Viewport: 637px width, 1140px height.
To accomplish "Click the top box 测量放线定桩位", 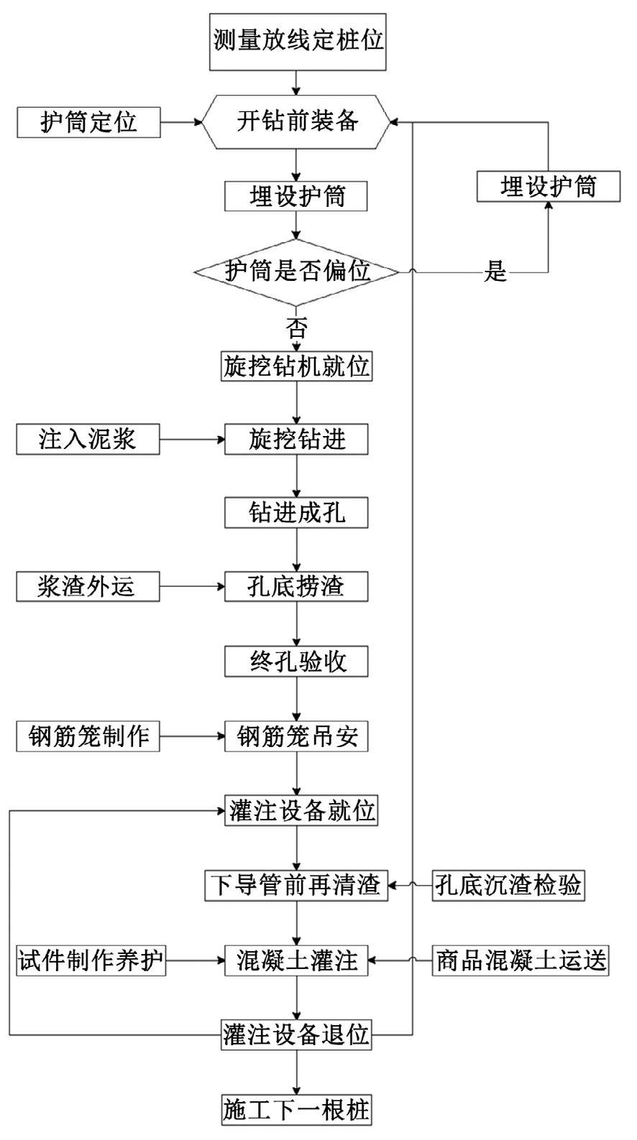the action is [x=298, y=42].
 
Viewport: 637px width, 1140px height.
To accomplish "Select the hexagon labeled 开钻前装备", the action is [x=296, y=121].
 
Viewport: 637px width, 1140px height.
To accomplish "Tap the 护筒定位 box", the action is [x=88, y=122].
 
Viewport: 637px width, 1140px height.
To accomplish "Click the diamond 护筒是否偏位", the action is [x=296, y=272].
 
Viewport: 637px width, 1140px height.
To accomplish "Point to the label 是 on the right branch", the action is [x=495, y=272].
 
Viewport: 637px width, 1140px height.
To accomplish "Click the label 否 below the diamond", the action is [x=296, y=328].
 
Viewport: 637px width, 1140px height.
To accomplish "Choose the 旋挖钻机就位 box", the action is [x=296, y=366].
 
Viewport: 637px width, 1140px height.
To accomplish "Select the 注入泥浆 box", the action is [x=88, y=439].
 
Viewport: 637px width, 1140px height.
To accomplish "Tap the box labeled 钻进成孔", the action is [x=296, y=512].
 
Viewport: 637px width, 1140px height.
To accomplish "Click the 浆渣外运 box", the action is [x=88, y=586].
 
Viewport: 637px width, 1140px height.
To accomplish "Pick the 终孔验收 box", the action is [x=296, y=662].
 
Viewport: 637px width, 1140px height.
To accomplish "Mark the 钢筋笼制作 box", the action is [x=88, y=736].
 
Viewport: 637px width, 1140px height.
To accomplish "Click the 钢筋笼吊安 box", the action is [x=296, y=736].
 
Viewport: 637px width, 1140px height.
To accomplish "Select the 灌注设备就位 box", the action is [x=301, y=811].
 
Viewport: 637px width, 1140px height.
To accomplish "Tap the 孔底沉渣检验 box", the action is [x=508, y=886].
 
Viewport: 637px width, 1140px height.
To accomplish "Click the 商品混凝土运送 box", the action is [x=521, y=961].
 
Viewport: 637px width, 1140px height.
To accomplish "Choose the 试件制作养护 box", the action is [x=91, y=961].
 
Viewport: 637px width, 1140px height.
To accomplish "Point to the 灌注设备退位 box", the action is [x=296, y=1034].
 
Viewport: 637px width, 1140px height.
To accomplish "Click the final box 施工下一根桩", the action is [x=296, y=1110].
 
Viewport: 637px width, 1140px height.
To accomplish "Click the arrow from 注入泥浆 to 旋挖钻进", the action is [x=192, y=439].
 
